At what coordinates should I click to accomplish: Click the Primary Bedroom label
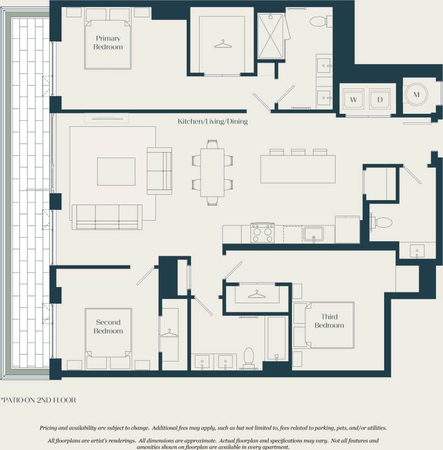click(x=108, y=43)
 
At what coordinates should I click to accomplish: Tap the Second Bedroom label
click(x=108, y=326)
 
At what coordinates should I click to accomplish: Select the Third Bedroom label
click(x=329, y=322)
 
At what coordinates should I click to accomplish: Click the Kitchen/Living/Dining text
click(x=213, y=121)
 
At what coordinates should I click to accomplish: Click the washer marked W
click(x=353, y=100)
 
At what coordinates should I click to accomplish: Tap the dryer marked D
click(x=380, y=100)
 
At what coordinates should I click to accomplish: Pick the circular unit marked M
click(x=416, y=95)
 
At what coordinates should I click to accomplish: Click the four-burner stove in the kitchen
click(x=262, y=233)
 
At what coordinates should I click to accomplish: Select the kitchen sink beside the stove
click(x=313, y=234)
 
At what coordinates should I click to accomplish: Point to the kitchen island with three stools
click(x=298, y=168)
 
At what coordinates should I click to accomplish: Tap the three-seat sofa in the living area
click(x=107, y=216)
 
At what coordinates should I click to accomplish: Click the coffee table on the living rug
click(x=116, y=171)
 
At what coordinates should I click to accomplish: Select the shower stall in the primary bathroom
click(x=270, y=36)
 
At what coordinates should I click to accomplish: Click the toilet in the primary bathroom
click(x=319, y=22)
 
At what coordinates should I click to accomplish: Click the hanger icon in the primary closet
click(x=223, y=44)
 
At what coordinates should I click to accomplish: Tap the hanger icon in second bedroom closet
click(x=169, y=333)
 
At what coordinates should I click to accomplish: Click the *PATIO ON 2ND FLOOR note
click(x=38, y=400)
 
